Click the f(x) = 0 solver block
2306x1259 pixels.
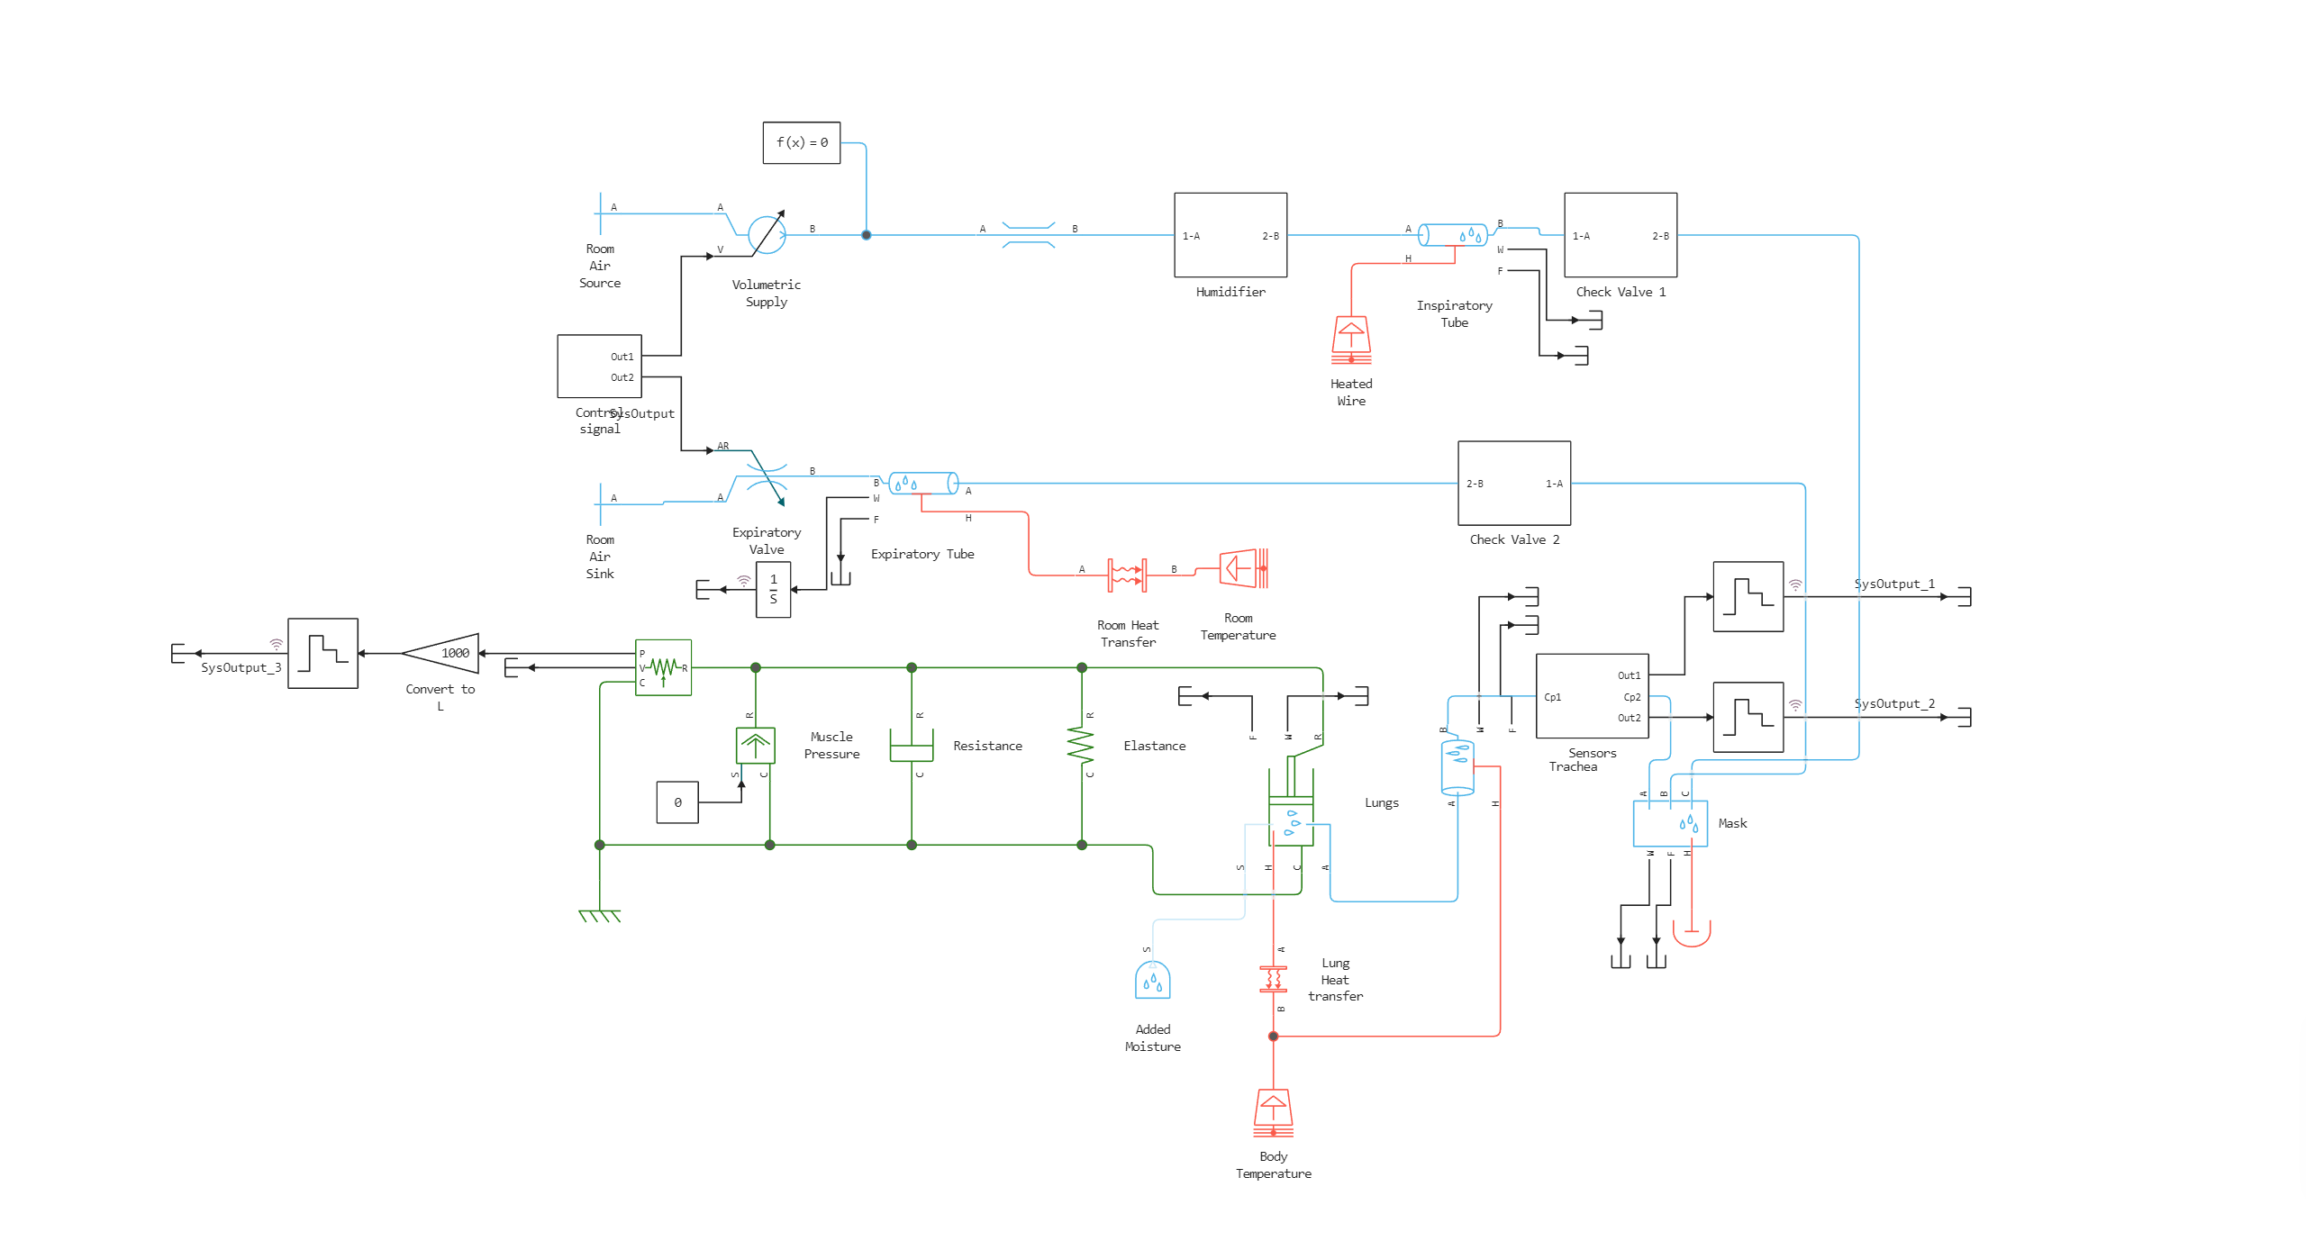coord(801,143)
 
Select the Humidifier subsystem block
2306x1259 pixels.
coord(1230,235)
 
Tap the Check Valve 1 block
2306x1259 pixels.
coord(1620,235)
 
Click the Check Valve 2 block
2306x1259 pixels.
coord(1513,484)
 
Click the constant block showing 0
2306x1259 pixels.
coord(677,802)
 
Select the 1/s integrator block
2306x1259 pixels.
coord(773,590)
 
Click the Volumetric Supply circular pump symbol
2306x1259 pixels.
coord(767,235)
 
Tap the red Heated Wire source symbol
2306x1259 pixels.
coord(1351,340)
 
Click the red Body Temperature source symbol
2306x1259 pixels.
coord(1273,1113)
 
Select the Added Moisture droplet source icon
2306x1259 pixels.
coord(1152,981)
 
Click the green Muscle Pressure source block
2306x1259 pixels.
coord(755,746)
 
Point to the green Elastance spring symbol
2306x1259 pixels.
coord(1081,745)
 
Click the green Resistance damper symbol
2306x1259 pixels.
coord(912,745)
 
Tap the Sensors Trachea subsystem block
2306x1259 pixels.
coord(1592,696)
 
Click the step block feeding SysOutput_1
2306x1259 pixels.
coord(1748,597)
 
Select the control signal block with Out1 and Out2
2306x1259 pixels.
coord(599,367)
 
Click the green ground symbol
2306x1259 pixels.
coord(600,915)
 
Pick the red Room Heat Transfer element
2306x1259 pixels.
coord(1127,574)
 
